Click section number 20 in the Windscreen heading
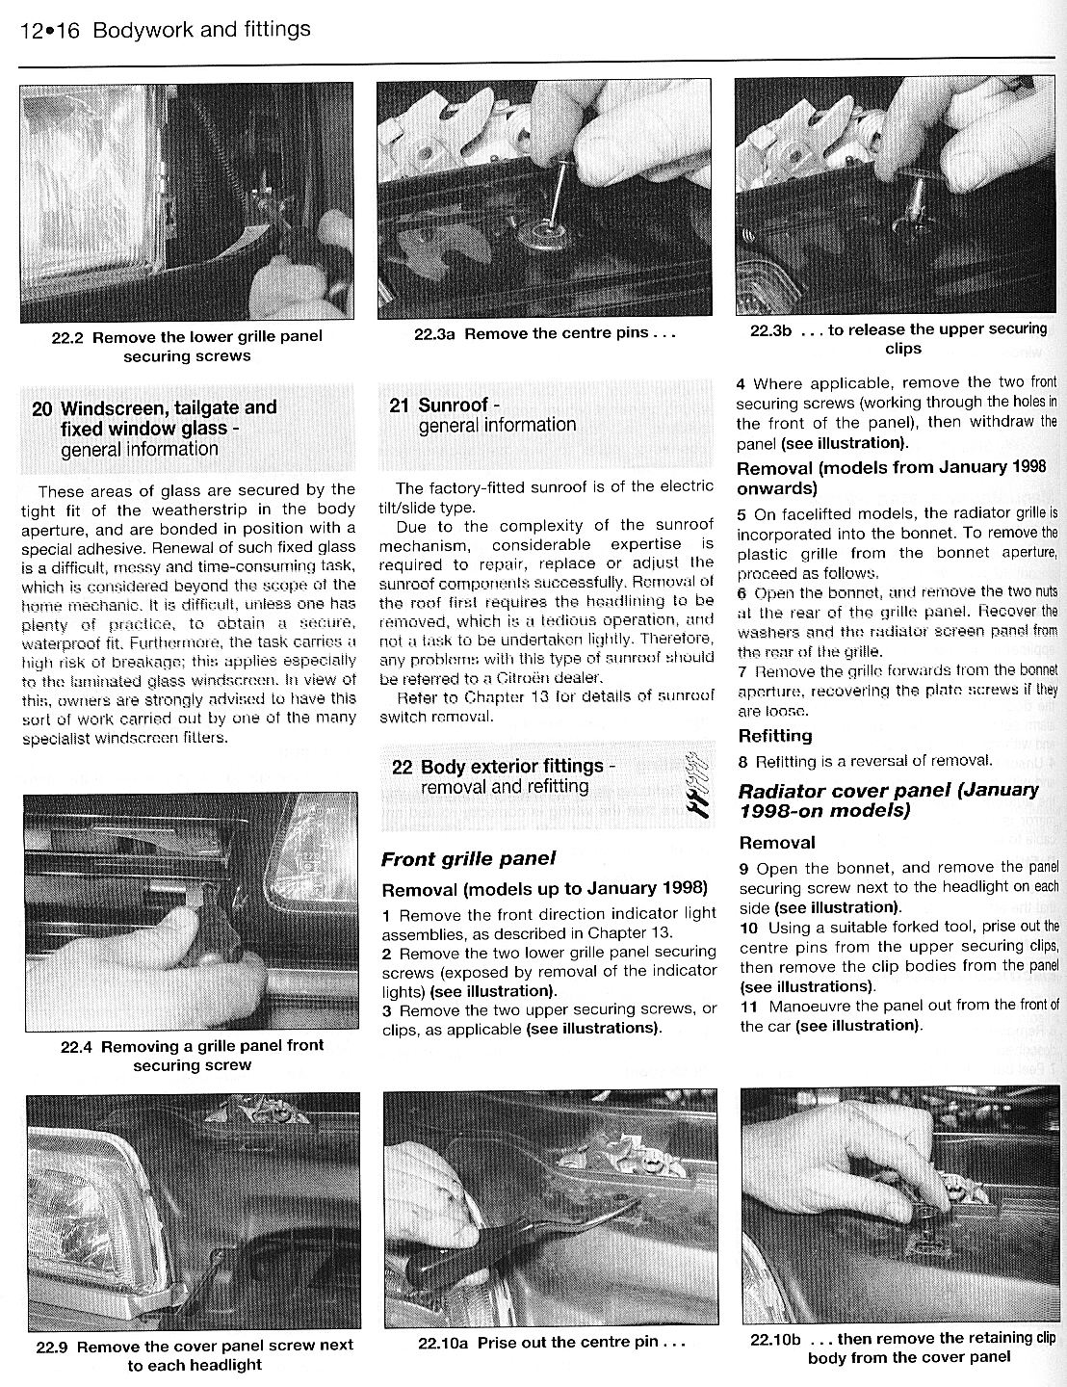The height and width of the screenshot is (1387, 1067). coord(41,408)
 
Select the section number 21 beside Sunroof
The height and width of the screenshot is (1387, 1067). coord(400,406)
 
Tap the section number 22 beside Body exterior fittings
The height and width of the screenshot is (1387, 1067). coord(403,767)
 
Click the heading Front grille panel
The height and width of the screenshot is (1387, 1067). coord(468,858)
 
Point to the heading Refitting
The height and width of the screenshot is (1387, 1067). coord(774,736)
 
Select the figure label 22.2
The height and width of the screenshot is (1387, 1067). coord(68,337)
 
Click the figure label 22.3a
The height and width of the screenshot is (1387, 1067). coord(434,334)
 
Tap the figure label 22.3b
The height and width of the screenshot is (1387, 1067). coord(770,329)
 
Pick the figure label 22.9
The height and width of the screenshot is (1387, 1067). coord(53,1346)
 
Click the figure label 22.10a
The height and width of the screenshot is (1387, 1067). coord(443,1342)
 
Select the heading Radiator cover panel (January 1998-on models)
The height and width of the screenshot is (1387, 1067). coord(888,799)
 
